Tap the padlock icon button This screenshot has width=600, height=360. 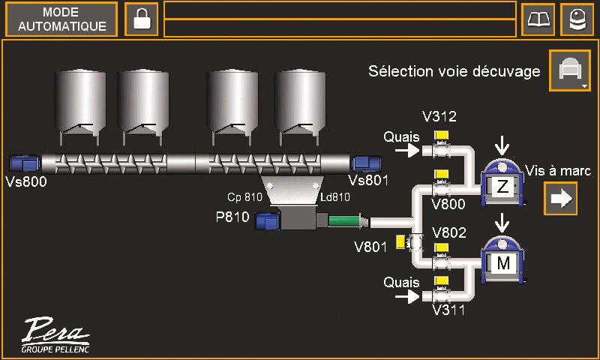point(141,19)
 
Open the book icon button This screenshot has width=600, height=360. point(538,19)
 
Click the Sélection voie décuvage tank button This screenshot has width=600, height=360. point(569,71)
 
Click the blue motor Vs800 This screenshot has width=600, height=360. point(25,163)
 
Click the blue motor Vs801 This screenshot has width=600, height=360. point(367,163)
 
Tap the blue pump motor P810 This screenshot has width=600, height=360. point(268,221)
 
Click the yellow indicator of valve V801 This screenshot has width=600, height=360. point(400,241)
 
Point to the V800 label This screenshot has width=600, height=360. point(448,203)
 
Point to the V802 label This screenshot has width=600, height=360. point(448,232)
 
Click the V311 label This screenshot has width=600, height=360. point(448,308)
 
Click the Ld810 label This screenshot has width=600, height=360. point(335,197)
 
